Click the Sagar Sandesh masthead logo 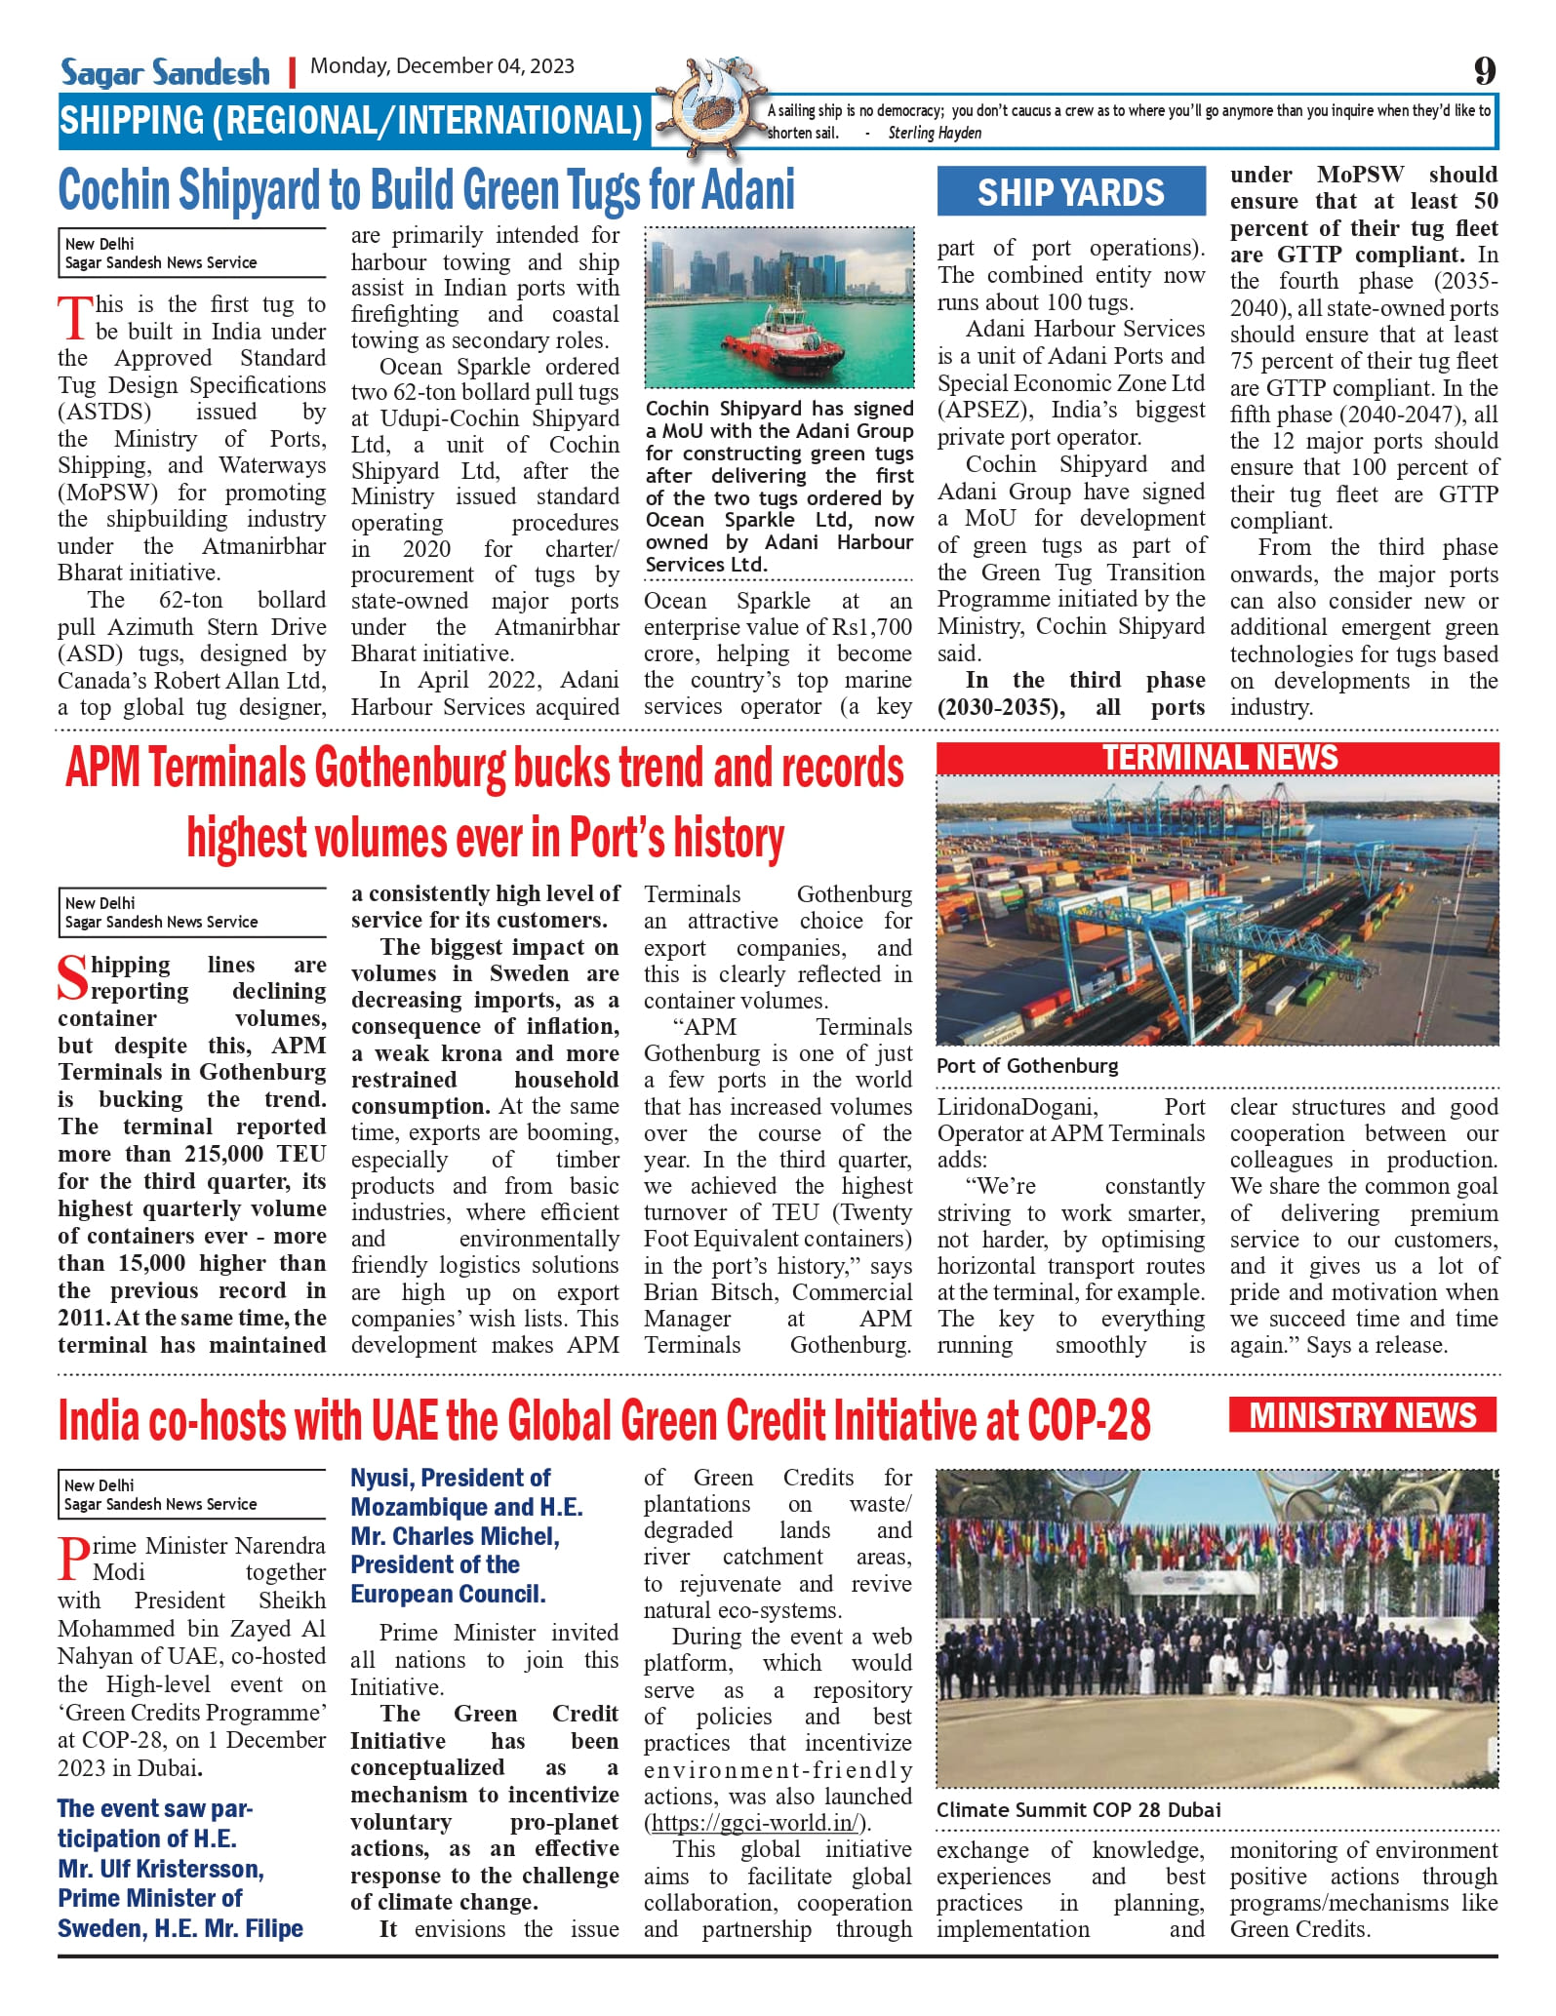165,71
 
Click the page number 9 1484,70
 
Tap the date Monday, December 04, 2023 442,66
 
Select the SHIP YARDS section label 1070,192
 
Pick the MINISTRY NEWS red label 1362,1415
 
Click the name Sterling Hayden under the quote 934,134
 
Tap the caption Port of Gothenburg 1027,1066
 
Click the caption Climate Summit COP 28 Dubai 1078,1809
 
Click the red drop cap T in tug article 75,318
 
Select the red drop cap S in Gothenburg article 73,978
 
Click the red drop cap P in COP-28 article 74,1559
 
